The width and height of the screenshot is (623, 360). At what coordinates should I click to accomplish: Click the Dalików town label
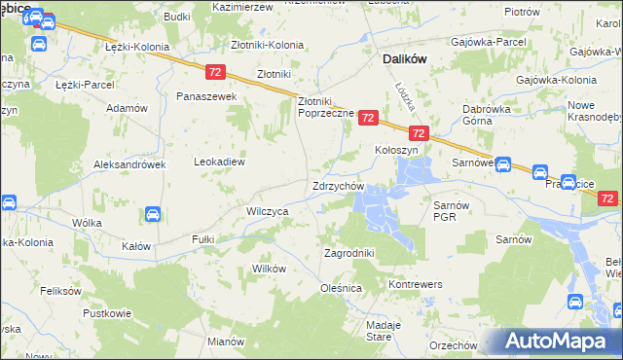point(398,58)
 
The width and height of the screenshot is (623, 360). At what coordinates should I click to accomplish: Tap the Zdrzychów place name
point(338,186)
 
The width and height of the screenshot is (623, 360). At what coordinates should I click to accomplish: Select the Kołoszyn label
point(396,151)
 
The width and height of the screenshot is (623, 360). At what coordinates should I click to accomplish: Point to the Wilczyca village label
point(267,210)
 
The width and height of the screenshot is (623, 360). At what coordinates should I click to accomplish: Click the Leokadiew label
point(219,162)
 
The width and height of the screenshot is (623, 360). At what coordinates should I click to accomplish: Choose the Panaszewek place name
point(206,97)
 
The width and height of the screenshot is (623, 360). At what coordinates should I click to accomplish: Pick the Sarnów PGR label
point(452,211)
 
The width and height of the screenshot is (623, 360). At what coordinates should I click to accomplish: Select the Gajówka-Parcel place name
point(483,42)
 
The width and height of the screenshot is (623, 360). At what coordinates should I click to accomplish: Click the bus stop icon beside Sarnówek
point(503,164)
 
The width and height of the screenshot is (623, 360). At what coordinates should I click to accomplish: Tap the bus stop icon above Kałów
point(153,214)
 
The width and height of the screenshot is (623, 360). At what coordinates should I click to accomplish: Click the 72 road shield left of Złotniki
point(216,72)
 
